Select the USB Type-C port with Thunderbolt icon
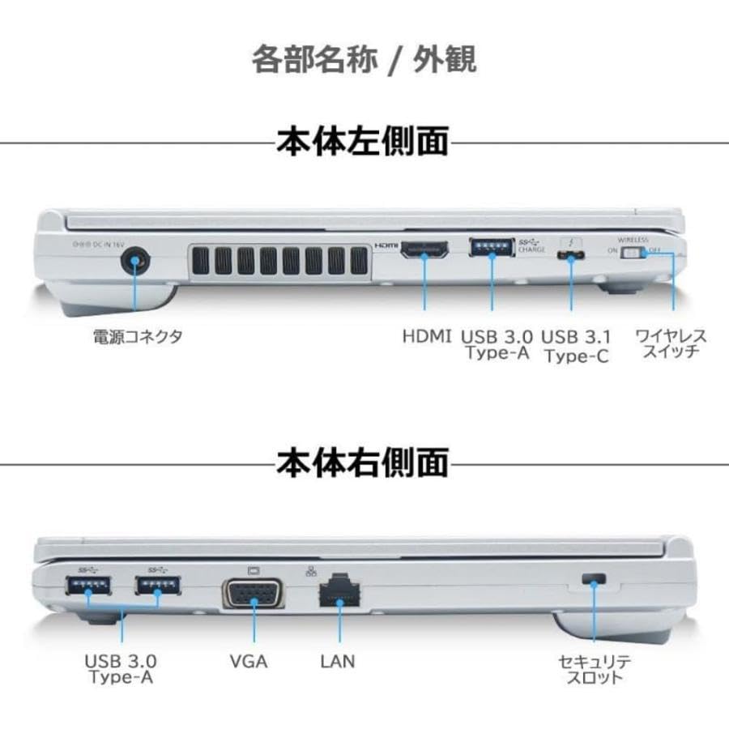click(572, 256)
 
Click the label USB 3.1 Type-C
click(576, 345)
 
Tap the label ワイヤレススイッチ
click(671, 344)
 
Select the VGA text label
click(249, 662)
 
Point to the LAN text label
click(337, 662)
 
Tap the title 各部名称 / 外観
click(364, 59)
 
